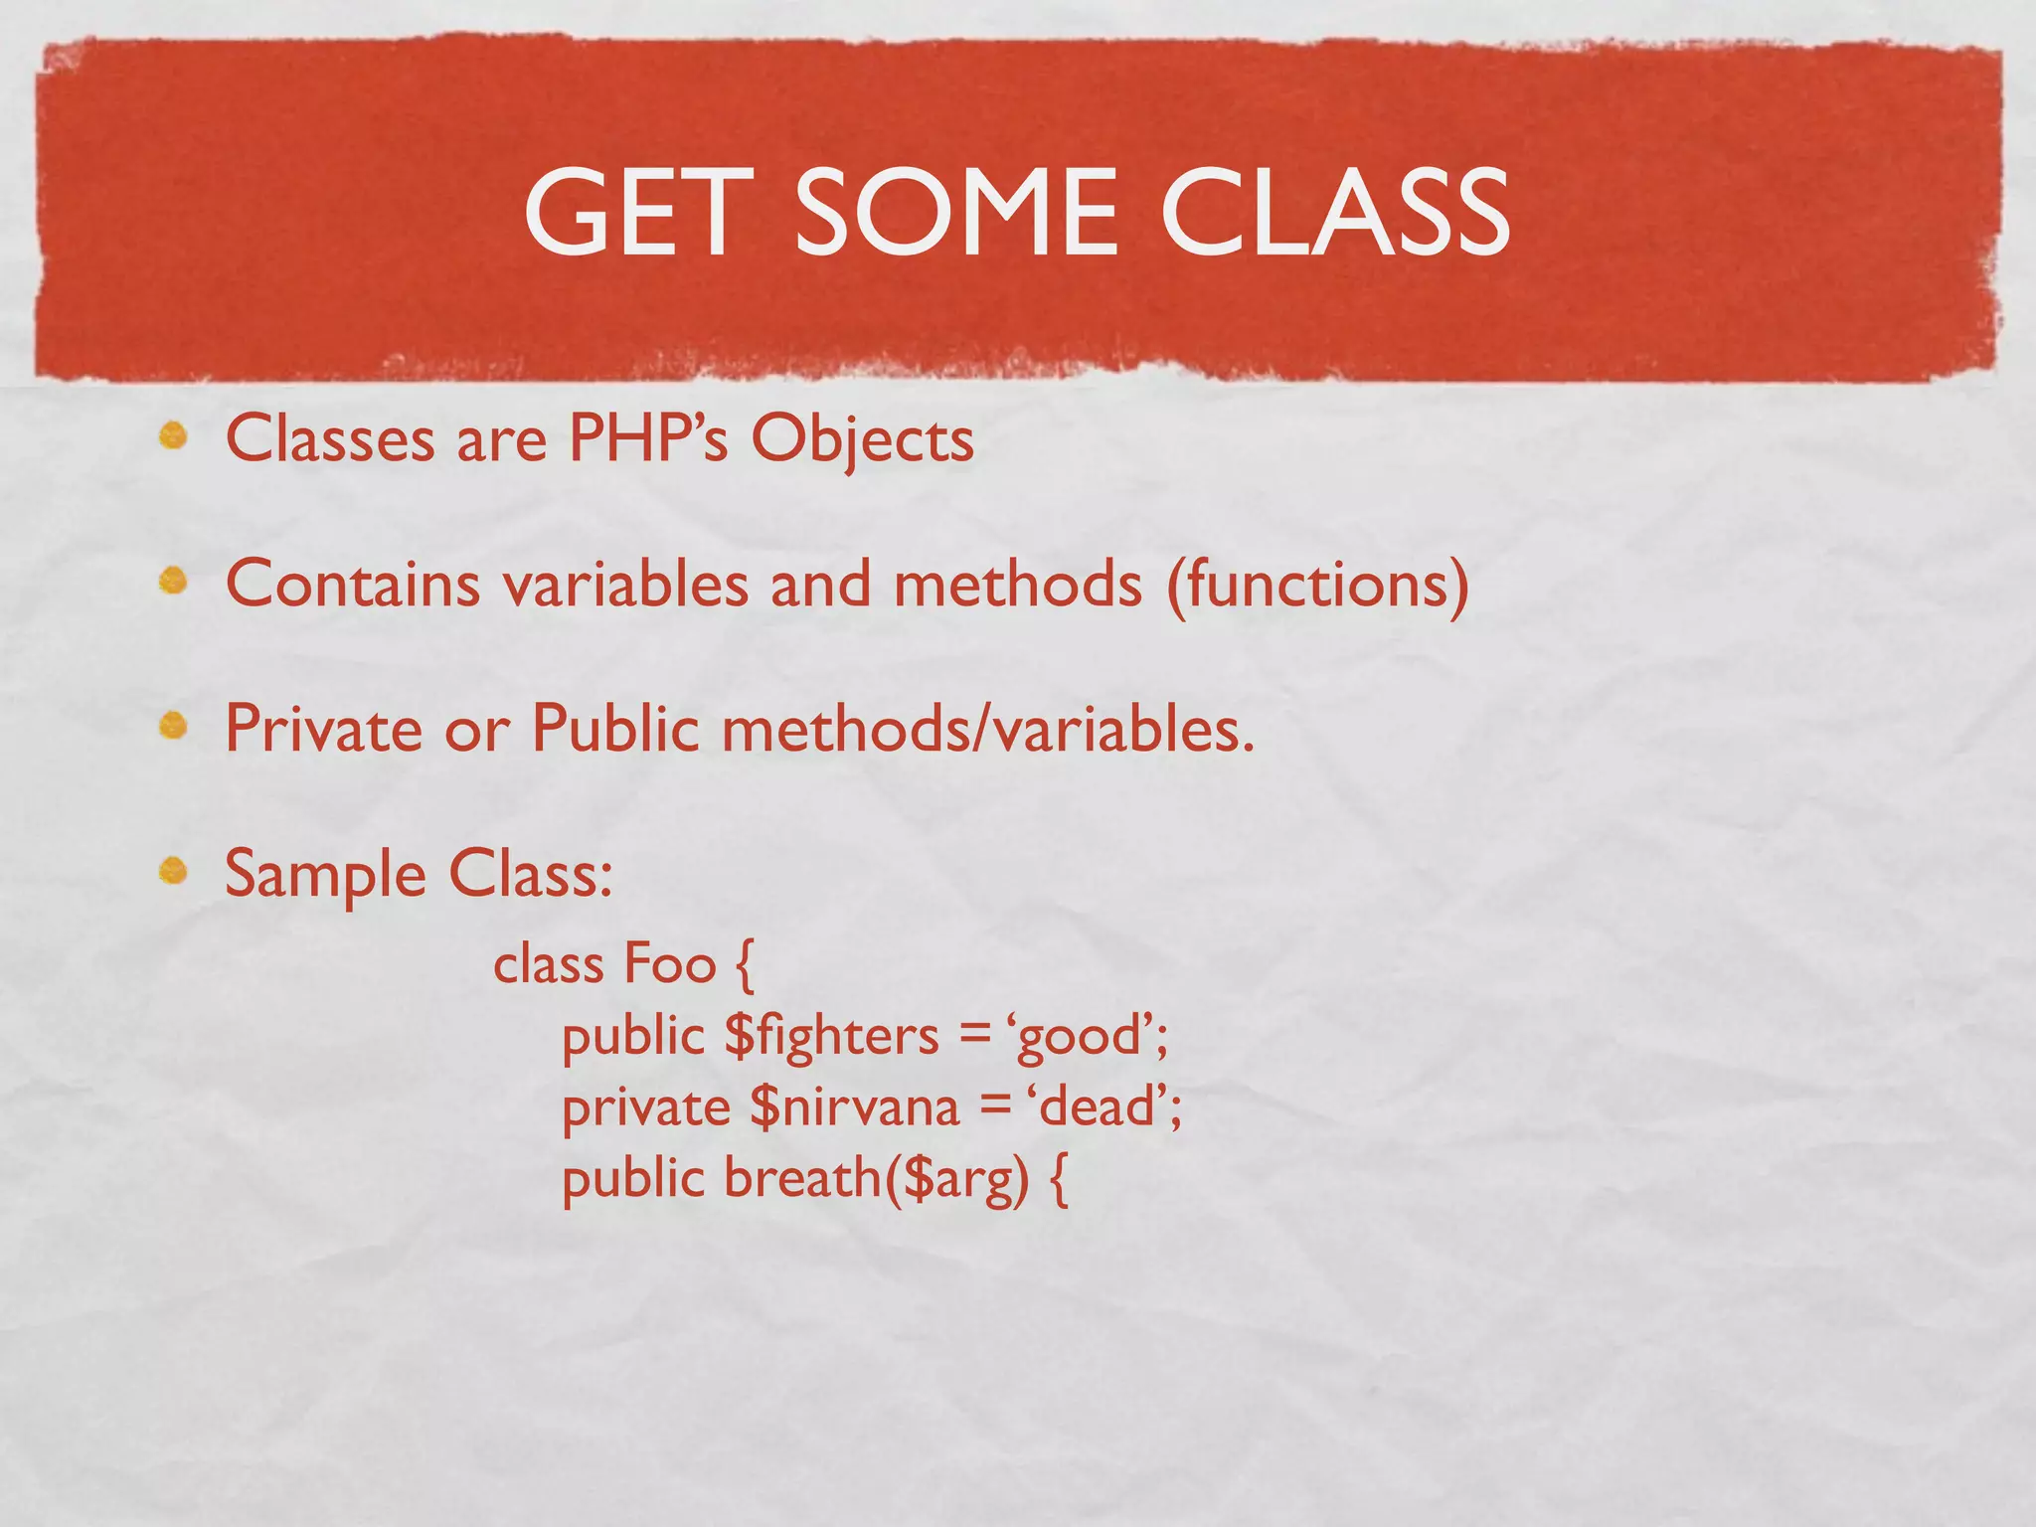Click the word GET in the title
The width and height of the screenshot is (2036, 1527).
click(636, 212)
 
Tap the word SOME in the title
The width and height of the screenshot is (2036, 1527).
click(955, 212)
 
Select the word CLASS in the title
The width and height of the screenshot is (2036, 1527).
click(1334, 212)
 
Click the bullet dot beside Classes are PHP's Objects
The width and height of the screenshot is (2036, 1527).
click(174, 436)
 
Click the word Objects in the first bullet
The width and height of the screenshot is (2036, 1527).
click(862, 440)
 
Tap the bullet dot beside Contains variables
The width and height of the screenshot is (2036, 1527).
click(174, 581)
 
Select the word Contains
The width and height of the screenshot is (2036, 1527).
click(353, 584)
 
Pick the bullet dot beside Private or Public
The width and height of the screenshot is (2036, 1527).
click(174, 727)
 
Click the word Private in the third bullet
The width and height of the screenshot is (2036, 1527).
click(324, 729)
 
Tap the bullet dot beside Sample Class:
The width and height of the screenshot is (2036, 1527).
click(174, 871)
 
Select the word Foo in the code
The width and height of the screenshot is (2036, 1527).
click(669, 964)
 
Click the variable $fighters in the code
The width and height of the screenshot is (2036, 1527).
click(831, 1037)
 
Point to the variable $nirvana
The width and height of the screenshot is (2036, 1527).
click(855, 1107)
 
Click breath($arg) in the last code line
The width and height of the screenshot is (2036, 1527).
click(875, 1180)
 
